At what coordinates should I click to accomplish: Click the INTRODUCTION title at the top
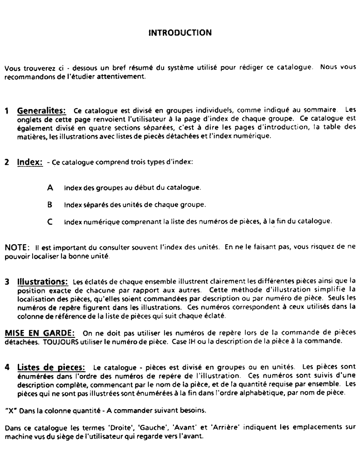point(180,33)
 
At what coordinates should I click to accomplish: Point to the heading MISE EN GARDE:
point(39,333)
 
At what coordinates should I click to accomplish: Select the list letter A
point(50,187)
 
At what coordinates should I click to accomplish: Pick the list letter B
point(50,204)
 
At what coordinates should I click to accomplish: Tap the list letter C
point(50,221)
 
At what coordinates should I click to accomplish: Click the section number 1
point(7,112)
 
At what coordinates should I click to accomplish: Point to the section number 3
point(7,281)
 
